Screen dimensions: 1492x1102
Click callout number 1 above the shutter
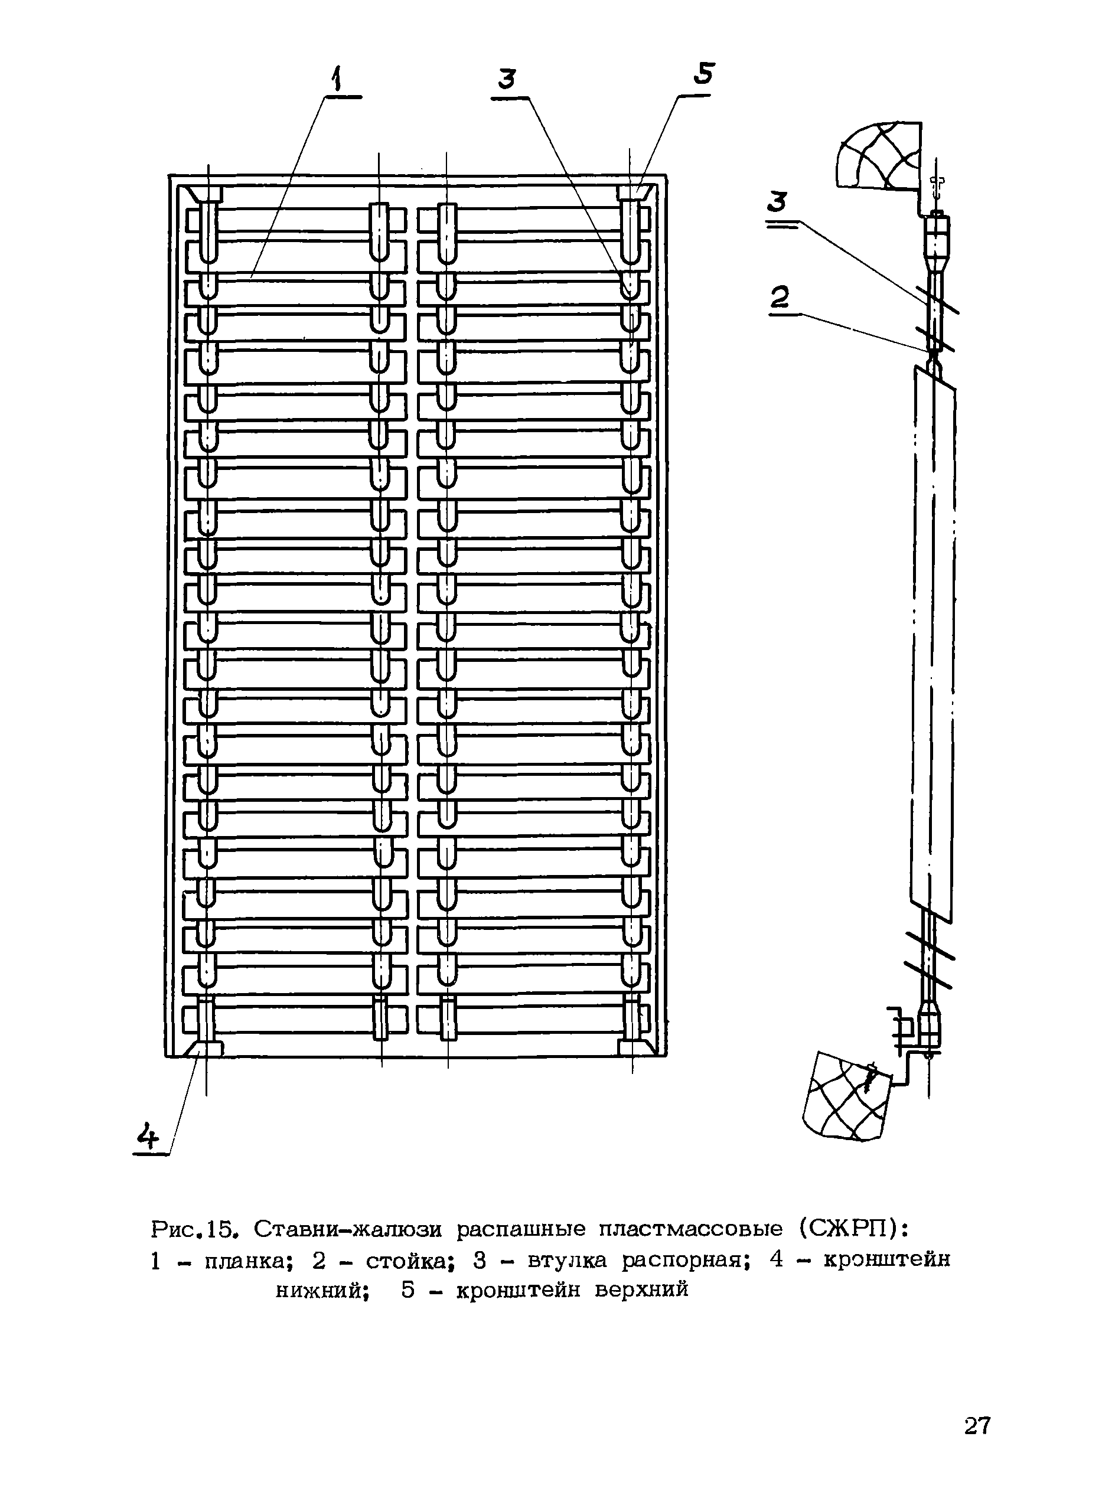(338, 79)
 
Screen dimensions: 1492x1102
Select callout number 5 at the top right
(704, 73)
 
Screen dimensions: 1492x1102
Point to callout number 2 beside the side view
(779, 297)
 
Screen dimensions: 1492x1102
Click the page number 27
(977, 1425)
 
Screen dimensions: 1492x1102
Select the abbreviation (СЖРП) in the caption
(850, 1227)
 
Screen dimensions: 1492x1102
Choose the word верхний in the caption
(641, 1290)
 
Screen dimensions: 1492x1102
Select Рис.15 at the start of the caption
(194, 1227)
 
